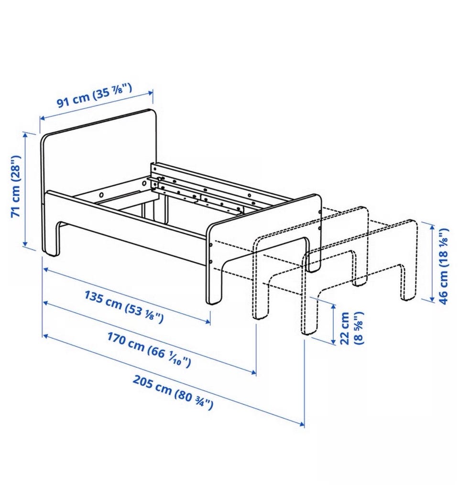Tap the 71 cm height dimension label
pyautogui.click(x=16, y=186)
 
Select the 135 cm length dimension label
pyautogui.click(x=124, y=307)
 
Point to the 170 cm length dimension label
pyautogui.click(x=149, y=350)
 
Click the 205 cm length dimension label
pyautogui.click(x=173, y=393)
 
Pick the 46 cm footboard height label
pyautogui.click(x=444, y=266)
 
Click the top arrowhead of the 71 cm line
pyautogui.click(x=26, y=135)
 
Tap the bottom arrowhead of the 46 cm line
pyautogui.click(x=431, y=299)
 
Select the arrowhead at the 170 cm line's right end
pyautogui.click(x=253, y=373)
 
